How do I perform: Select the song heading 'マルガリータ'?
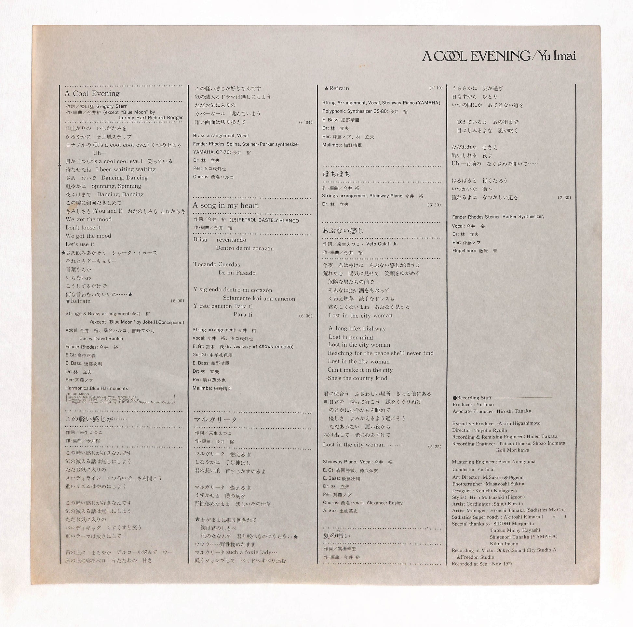pyautogui.click(x=216, y=419)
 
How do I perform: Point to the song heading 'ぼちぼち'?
pyautogui.click(x=336, y=174)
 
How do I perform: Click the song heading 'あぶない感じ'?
pyautogui.click(x=343, y=230)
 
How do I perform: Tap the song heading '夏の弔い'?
pyautogui.click(x=336, y=536)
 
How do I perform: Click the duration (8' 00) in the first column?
pyautogui.click(x=178, y=301)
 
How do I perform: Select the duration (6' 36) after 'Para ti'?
pyautogui.click(x=306, y=316)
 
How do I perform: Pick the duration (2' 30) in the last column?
pyautogui.click(x=564, y=197)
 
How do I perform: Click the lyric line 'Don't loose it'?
pyautogui.click(x=83, y=227)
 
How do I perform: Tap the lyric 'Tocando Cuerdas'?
pyautogui.click(x=217, y=264)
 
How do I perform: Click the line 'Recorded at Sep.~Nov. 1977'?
pyautogui.click(x=482, y=564)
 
